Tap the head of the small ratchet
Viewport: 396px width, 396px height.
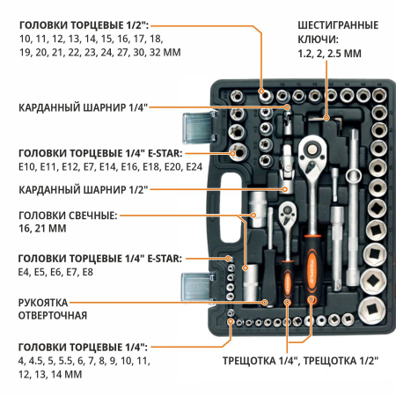[x=289, y=215]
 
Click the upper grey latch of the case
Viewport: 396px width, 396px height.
[x=194, y=128]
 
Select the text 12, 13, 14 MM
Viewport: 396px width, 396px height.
[x=49, y=374]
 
